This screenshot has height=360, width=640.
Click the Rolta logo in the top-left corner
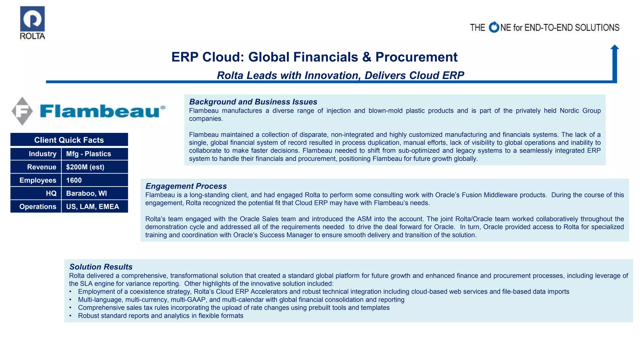pyautogui.click(x=32, y=22)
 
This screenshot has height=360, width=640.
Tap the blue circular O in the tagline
pyautogui.click(x=494, y=27)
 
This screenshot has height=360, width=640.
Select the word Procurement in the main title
pyautogui.click(x=416, y=57)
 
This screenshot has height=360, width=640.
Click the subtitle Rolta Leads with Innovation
pyautogui.click(x=340, y=75)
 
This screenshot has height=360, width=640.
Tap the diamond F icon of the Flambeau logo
pyautogui.click(x=22, y=111)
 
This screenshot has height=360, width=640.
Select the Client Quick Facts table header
pyautogui.click(x=69, y=140)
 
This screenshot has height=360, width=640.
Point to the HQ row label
pyautogui.click(x=51, y=193)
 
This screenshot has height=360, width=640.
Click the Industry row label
pyautogui.click(x=42, y=154)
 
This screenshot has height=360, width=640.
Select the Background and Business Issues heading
pyautogui.click(x=253, y=102)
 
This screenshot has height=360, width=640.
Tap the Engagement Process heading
pyautogui.click(x=186, y=186)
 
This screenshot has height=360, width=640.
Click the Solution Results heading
pyautogui.click(x=101, y=267)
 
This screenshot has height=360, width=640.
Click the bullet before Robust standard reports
pyautogui.click(x=71, y=316)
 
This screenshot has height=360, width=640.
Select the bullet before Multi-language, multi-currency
pyautogui.click(x=71, y=300)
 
